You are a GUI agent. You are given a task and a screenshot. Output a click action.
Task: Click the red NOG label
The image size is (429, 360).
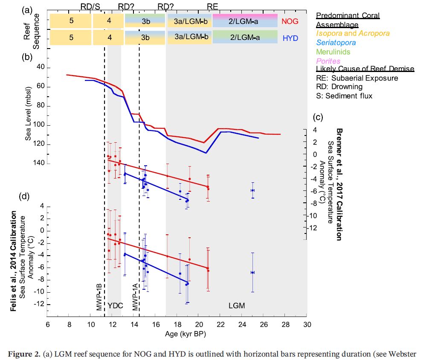tap(290, 21)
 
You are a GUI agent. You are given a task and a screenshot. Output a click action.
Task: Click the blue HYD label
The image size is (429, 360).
tap(290, 38)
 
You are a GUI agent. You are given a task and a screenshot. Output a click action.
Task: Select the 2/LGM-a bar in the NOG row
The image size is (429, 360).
tap(244, 21)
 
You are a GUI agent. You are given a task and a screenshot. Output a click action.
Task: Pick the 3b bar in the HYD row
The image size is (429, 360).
tap(145, 37)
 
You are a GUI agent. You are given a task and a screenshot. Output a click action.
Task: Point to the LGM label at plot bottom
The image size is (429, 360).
tap(237, 305)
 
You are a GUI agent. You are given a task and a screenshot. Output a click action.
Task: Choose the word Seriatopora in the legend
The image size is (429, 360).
tap(336, 43)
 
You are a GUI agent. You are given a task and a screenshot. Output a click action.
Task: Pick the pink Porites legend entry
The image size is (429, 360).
tap(328, 61)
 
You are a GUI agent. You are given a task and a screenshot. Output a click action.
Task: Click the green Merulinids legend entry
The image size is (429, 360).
tap(333, 52)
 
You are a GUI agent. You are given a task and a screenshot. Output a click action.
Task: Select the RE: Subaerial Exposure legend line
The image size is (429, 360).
tap(357, 78)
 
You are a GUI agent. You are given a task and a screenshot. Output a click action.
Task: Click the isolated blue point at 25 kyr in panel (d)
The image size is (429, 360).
tap(252, 272)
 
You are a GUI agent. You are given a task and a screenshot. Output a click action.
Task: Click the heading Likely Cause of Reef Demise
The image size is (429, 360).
tap(365, 69)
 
